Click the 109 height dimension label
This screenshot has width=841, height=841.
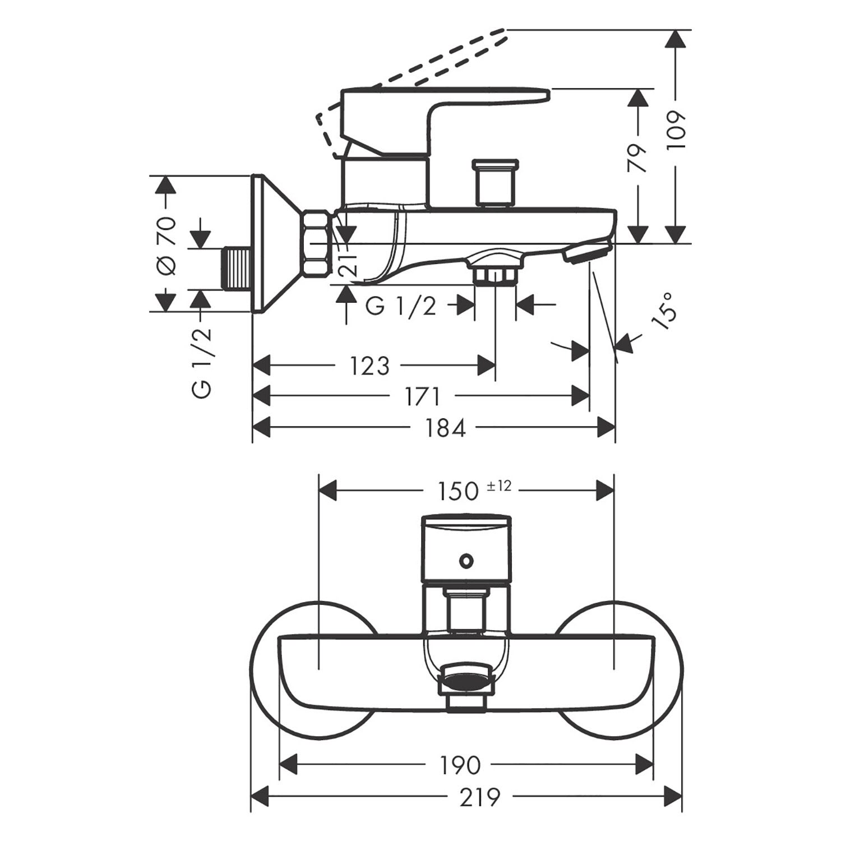(677, 130)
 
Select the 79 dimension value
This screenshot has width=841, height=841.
(637, 159)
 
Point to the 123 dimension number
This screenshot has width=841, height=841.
(369, 366)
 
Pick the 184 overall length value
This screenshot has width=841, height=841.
(445, 428)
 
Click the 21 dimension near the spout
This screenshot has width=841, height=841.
(348, 260)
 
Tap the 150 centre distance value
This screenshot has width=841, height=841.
(458, 491)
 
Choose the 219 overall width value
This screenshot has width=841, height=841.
(480, 797)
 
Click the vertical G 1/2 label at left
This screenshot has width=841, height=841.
(202, 362)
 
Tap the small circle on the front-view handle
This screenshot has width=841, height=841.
(464, 560)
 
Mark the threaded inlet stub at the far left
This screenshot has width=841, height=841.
(237, 269)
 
